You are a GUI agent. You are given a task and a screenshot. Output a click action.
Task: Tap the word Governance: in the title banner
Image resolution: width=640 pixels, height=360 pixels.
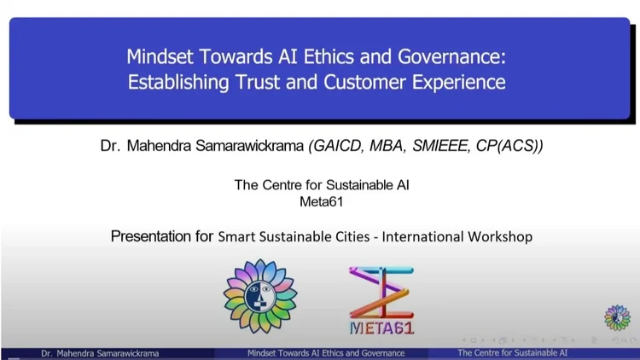tap(451, 56)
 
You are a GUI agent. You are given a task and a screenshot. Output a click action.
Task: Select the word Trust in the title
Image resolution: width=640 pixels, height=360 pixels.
tap(258, 82)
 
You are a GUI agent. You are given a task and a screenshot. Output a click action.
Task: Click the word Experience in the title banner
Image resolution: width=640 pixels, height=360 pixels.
tap(458, 83)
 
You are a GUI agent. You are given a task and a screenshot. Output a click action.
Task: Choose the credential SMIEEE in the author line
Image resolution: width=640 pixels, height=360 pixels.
tap(440, 146)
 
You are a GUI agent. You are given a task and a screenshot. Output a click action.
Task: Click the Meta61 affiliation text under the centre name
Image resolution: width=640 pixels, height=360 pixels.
tap(321, 201)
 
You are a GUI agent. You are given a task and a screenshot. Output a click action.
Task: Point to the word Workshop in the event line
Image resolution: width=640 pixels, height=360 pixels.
tap(500, 237)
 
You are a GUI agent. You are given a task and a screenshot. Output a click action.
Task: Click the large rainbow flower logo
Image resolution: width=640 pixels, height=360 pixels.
tap(260, 296)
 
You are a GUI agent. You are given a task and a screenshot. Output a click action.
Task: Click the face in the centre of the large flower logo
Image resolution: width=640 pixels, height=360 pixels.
tap(260, 295)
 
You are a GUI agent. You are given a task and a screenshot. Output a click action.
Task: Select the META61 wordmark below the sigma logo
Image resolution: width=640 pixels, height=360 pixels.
tap(381, 328)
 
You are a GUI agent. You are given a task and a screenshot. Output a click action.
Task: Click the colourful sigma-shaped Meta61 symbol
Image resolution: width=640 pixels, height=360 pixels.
tap(381, 293)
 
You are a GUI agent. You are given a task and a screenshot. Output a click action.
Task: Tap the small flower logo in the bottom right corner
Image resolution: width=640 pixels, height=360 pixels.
tap(617, 317)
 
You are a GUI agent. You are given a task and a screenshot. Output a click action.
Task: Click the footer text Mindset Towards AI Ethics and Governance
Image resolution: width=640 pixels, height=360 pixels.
tap(326, 353)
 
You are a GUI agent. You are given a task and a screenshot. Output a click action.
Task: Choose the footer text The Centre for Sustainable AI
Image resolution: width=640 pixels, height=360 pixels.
tap(512, 352)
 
